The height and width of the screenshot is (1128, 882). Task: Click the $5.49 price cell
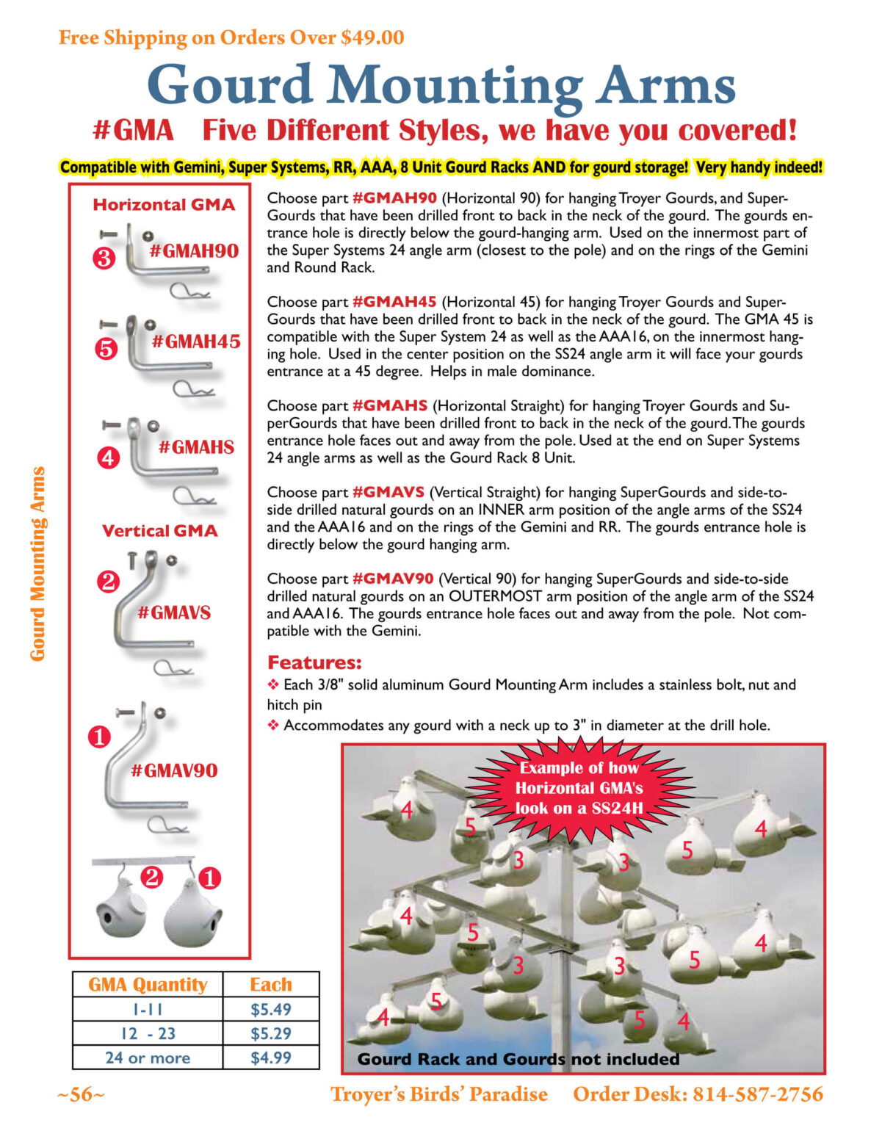270,1009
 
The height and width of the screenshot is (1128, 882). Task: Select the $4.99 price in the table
270,1057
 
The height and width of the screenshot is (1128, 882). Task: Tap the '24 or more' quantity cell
148,1057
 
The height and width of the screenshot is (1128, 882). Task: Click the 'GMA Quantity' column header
148,984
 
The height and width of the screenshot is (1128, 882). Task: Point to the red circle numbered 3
104,258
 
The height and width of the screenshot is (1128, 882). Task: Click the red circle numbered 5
106,349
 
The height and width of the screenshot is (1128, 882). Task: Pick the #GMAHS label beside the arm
196,446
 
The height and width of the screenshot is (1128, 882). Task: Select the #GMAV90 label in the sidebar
174,770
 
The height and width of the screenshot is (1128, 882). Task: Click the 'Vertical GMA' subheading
159,530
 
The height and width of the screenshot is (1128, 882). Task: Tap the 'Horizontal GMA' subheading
164,205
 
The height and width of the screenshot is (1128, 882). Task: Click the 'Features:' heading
314,662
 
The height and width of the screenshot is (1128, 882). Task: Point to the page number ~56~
81,1094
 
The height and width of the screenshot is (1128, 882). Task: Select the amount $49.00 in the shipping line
372,37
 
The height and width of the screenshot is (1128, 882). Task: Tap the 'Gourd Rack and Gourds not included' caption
518,1059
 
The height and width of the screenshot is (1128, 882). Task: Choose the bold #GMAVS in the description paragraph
388,492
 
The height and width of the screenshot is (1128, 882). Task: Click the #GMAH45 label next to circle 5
196,341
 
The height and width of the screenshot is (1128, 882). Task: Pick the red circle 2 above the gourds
152,877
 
